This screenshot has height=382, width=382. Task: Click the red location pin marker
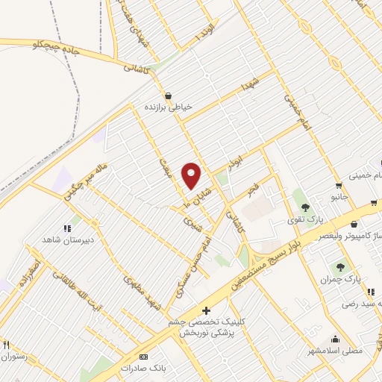(x=192, y=175)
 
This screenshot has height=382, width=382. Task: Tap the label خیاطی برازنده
(x=169, y=107)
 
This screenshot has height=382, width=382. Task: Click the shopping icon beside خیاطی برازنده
(x=169, y=95)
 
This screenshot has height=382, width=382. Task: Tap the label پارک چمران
(x=341, y=278)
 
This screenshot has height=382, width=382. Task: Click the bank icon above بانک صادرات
(x=143, y=357)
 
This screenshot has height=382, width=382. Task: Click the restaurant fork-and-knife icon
(x=6, y=345)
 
